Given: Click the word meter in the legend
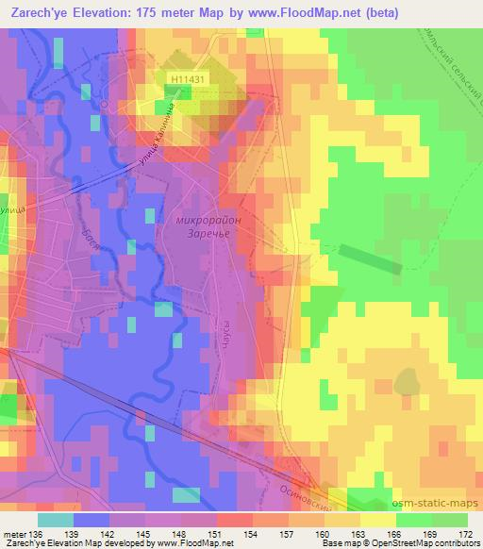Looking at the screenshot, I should (x=13, y=535).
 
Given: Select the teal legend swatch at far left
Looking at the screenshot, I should (x=56, y=520).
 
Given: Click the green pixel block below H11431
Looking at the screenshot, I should (x=175, y=91).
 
